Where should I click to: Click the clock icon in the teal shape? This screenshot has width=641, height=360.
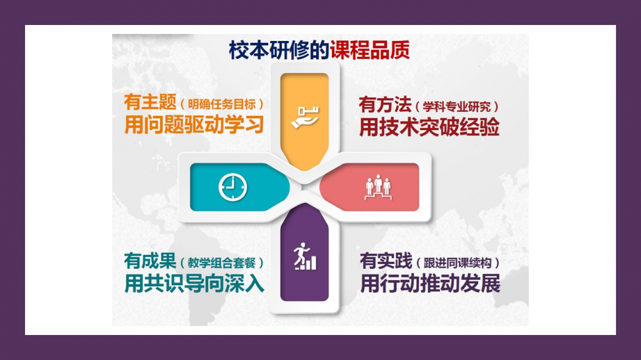(233, 187)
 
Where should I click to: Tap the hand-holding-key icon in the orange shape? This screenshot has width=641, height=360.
(305, 118)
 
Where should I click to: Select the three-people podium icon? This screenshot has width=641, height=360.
(378, 187)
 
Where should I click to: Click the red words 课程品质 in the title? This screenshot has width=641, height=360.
(370, 50)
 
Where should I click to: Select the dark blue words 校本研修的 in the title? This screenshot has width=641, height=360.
(279, 50)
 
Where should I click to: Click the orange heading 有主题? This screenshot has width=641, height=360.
(150, 102)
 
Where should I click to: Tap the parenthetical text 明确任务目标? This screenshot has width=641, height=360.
(222, 104)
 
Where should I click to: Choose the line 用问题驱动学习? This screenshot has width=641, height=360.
(194, 125)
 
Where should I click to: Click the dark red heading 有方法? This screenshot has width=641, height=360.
(385, 104)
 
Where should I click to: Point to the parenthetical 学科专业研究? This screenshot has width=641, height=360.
(456, 106)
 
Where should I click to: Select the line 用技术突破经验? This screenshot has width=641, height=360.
(429, 127)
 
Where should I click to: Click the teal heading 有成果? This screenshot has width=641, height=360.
(150, 261)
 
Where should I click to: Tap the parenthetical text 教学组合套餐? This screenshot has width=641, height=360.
(222, 263)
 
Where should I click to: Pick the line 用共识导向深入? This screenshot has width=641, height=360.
(194, 283)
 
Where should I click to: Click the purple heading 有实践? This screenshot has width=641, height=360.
(386, 261)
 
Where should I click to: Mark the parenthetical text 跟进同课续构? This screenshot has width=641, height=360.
(458, 263)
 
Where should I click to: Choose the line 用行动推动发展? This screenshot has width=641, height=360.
(430, 283)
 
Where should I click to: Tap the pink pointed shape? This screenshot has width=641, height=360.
(369, 187)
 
